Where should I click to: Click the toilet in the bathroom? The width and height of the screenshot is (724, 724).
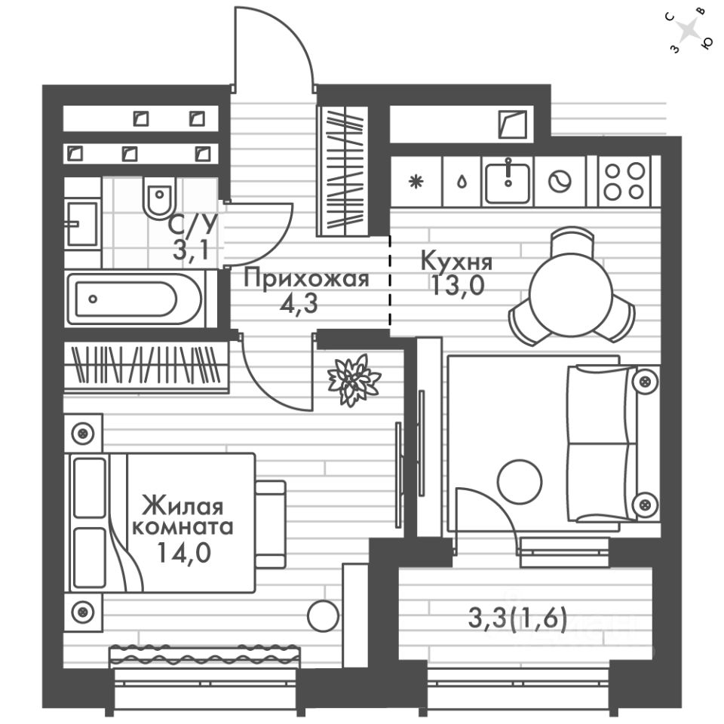tap(158, 200)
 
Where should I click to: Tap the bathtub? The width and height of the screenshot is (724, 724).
tap(134, 299)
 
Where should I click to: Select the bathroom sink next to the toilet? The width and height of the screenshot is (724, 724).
tap(81, 223)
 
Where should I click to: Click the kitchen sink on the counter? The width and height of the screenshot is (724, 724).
tap(508, 181)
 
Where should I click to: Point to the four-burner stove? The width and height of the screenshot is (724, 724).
tap(624, 181)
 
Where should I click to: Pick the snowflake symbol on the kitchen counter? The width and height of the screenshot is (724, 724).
tap(414, 182)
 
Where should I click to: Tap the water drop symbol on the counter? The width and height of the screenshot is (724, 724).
tap(460, 182)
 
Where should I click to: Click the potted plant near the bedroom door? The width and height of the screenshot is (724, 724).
tap(353, 379)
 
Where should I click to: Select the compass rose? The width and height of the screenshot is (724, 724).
tap(690, 31)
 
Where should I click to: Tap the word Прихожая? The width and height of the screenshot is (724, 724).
tap(307, 279)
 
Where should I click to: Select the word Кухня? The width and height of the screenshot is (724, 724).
tap(456, 262)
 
